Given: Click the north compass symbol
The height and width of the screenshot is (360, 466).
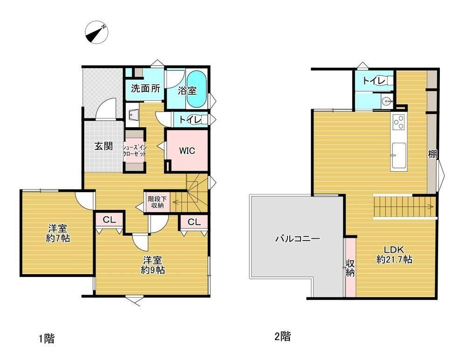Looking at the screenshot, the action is [96, 32].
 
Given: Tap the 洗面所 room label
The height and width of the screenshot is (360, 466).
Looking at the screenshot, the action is [145, 88].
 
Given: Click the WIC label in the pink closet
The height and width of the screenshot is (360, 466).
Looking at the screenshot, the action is [187, 151].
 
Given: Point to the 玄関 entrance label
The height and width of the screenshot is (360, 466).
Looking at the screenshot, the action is [104, 146].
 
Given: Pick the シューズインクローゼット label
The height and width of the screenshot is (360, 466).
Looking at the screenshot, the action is [135, 151].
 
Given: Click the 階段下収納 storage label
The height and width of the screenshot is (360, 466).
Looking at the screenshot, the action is [157, 202].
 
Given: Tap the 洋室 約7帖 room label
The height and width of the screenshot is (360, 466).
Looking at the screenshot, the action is [58, 233].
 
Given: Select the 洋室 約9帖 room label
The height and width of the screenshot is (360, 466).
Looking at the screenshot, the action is [152, 265].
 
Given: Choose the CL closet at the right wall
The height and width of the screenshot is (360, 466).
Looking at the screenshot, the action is [194, 222].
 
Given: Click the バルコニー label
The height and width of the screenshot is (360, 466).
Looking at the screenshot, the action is [297, 239].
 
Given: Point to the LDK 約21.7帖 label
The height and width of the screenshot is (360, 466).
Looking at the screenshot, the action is [394, 255].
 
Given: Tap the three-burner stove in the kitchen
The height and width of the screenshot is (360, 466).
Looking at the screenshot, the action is [398, 122].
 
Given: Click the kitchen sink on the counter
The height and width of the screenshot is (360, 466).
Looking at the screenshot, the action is [398, 155].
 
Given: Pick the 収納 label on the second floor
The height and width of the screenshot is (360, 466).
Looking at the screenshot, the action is [350, 268].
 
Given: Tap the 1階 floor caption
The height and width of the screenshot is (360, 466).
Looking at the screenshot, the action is [47, 339].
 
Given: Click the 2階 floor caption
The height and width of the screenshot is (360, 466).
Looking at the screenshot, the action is [283, 337].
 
